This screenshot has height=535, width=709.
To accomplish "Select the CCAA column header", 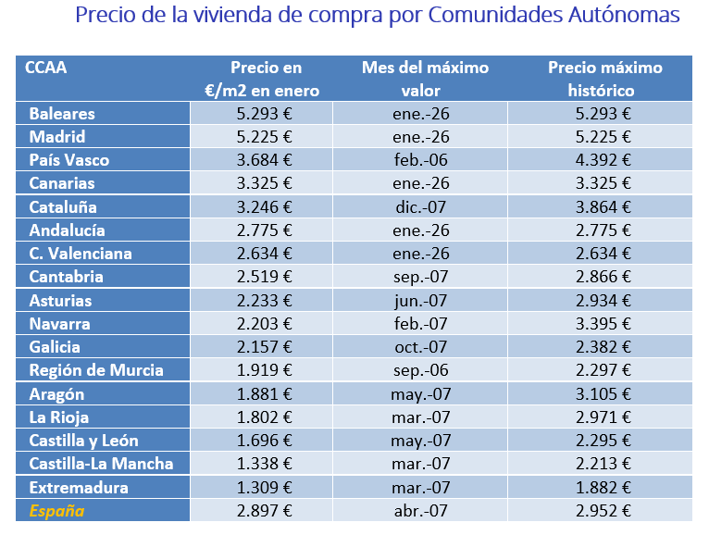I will (x=46, y=68).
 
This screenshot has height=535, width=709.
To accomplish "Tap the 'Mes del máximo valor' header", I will (x=425, y=79).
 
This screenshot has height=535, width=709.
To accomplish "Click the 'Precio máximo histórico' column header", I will (x=604, y=79).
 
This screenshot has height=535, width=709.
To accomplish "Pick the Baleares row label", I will (x=62, y=114).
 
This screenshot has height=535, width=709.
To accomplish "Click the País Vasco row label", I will (x=70, y=160).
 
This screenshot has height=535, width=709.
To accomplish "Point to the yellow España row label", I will (x=56, y=511).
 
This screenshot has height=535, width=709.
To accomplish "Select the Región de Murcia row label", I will (x=96, y=370).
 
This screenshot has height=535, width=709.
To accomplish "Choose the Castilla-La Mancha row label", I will (x=101, y=464).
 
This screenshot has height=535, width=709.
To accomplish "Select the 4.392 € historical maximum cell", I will (x=604, y=160).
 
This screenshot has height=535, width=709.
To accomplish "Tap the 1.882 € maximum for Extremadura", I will (x=604, y=488).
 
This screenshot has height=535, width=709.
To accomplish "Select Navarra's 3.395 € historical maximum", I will (x=604, y=324).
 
